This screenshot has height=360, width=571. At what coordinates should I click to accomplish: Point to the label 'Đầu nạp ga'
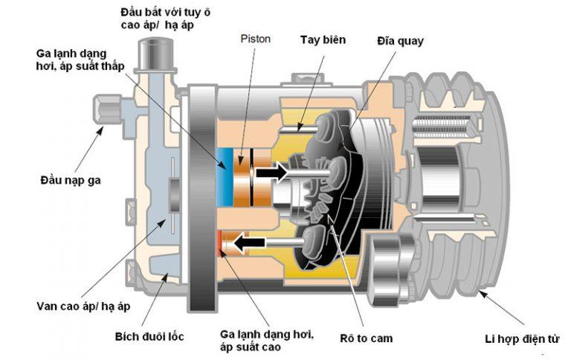72,181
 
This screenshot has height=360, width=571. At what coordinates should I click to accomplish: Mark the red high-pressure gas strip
221,242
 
